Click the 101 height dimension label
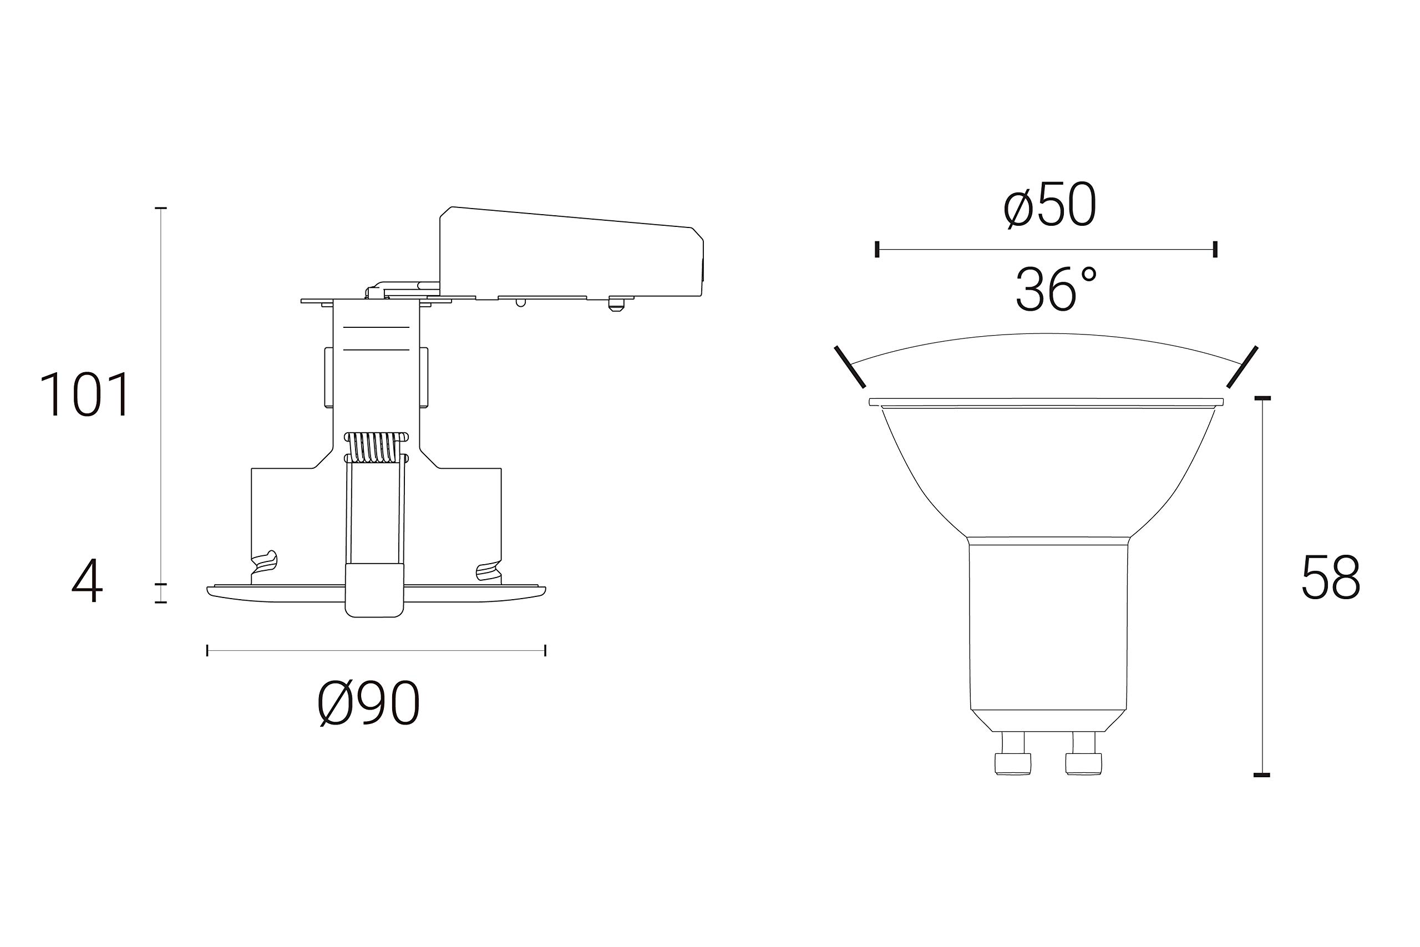tap(84, 394)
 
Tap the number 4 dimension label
tap(88, 580)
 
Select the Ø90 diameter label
tap(368, 703)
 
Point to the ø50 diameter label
tap(1049, 205)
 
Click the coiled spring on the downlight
tap(376, 448)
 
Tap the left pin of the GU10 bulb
tap(1012, 753)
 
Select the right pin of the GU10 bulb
tap(1084, 753)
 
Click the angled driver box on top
tap(571, 252)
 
